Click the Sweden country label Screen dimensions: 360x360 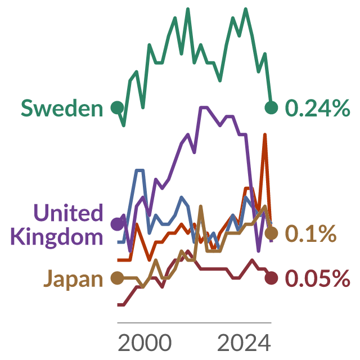(x=62, y=108)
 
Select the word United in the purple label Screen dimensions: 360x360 (x=68, y=213)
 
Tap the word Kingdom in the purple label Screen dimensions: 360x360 (x=56, y=237)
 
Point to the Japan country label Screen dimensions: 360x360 (x=73, y=279)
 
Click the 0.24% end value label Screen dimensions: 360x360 (x=317, y=107)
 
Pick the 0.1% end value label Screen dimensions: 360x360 (x=310, y=233)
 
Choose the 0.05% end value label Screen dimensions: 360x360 (x=317, y=278)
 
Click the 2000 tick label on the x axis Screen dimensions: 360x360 (x=145, y=343)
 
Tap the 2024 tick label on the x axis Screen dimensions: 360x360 (x=244, y=343)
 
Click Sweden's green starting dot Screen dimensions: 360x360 (x=118, y=107)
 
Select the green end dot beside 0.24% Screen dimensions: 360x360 (x=271, y=107)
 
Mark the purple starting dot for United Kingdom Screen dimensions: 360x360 (x=118, y=224)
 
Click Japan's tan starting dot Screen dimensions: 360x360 (x=118, y=278)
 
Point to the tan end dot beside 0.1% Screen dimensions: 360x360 (x=271, y=233)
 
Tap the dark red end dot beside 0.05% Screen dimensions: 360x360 (x=271, y=278)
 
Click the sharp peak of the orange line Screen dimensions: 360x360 (x=265, y=134)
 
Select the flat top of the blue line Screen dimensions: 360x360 (x=140, y=170)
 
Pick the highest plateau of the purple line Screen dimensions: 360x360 (x=204, y=107)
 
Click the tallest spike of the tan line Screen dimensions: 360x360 (x=201, y=206)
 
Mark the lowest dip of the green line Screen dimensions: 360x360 (x=124, y=125)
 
